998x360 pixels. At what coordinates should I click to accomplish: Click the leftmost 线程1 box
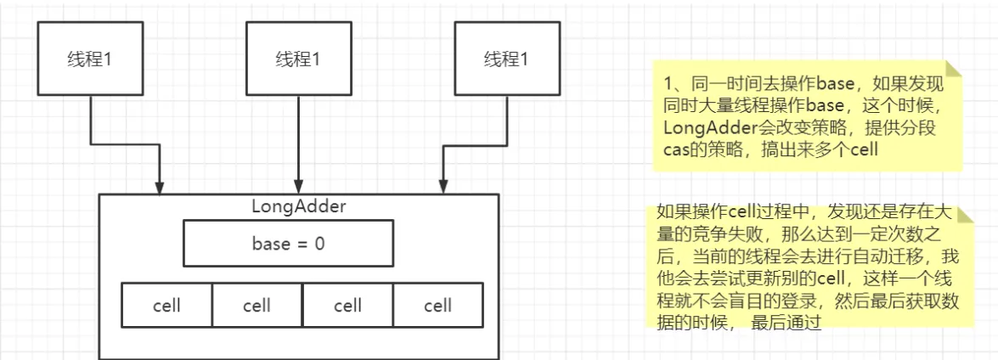tap(89, 59)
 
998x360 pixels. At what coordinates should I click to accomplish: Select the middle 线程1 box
tap(298, 59)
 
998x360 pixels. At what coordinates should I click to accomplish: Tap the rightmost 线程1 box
tap(506, 59)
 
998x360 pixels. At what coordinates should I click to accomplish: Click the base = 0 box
tap(288, 245)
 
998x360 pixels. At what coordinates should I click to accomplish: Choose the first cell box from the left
tap(166, 306)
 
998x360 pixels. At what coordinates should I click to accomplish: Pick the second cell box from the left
tap(257, 306)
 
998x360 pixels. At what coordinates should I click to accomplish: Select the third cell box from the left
tap(347, 306)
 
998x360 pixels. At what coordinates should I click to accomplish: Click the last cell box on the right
tap(437, 306)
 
